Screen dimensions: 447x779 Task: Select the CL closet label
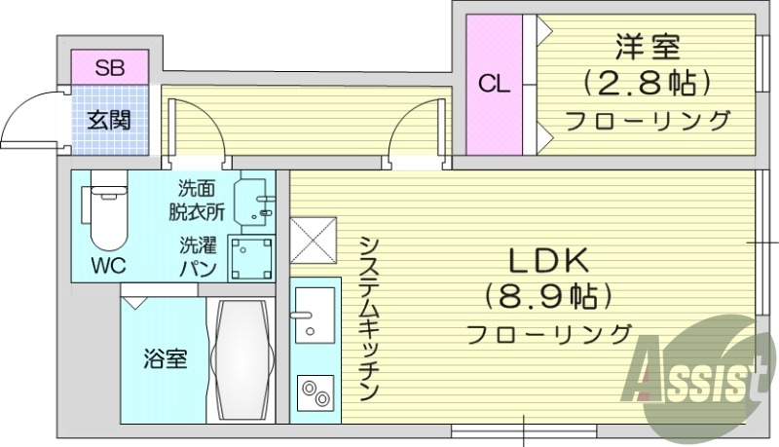pos(494,84)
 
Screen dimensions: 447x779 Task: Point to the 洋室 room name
pos(647,46)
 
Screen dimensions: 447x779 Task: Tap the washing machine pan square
pos(250,258)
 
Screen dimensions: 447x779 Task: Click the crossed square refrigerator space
pos(314,240)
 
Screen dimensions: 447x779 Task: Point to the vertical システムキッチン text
pos(367,317)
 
